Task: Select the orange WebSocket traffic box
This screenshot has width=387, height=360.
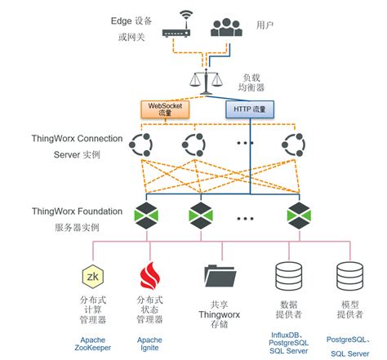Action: coord(167,108)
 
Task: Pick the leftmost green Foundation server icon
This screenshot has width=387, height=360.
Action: coord(147,216)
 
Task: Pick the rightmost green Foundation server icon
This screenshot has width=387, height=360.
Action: coord(296,216)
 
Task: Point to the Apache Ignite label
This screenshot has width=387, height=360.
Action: coord(149,344)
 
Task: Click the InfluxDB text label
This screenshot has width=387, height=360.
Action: coord(289,335)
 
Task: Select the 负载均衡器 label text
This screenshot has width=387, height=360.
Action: coord(250,80)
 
